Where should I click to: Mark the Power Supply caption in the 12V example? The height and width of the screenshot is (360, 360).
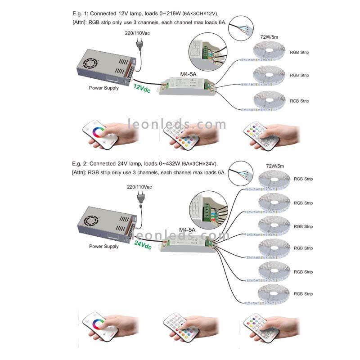tap(104, 88)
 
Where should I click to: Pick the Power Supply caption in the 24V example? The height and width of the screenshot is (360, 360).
tap(104, 246)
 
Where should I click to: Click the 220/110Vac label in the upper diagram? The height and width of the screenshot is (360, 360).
tap(138, 33)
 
